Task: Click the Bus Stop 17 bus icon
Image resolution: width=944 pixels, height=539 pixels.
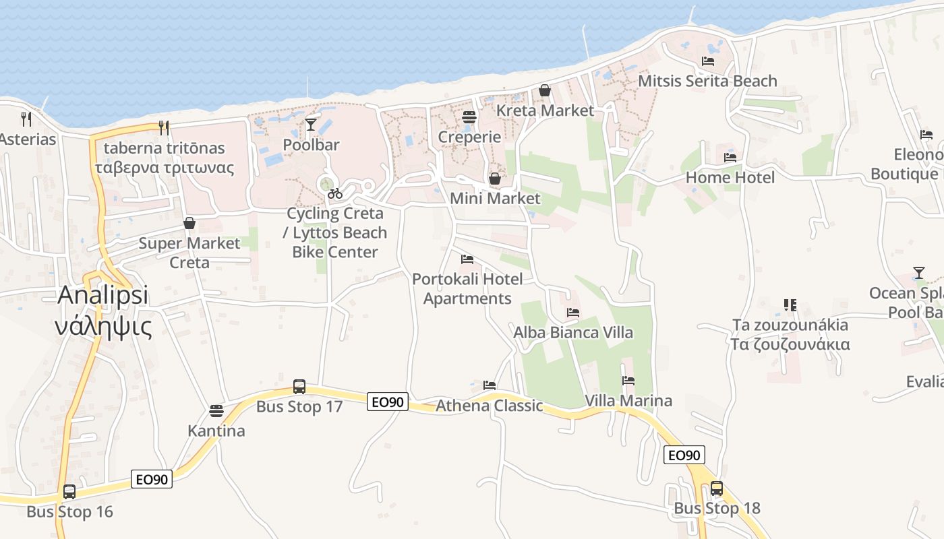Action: click(x=299, y=387)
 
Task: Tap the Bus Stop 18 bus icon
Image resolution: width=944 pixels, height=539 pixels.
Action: click(x=717, y=488)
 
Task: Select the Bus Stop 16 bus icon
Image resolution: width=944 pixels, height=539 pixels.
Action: click(x=69, y=492)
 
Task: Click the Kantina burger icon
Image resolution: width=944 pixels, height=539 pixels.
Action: click(x=216, y=410)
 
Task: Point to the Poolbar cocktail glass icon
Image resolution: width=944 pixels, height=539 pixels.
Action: click(x=311, y=124)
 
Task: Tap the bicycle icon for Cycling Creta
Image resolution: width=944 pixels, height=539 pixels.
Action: click(x=335, y=193)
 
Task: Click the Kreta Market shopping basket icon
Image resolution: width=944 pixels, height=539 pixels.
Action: click(x=545, y=90)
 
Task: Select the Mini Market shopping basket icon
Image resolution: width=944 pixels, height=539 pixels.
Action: click(x=495, y=179)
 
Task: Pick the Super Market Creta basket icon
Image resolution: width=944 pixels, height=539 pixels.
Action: click(x=189, y=223)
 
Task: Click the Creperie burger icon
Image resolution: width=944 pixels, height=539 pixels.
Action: click(x=469, y=117)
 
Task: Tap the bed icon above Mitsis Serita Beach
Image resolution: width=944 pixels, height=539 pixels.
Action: click(x=708, y=61)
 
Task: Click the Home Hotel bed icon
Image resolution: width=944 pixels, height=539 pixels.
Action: click(x=730, y=158)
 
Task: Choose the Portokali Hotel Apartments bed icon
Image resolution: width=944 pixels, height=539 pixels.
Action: click(x=467, y=259)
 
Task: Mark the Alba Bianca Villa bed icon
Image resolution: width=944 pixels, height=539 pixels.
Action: click(x=573, y=313)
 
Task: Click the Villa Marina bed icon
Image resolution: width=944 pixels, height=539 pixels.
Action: click(x=628, y=381)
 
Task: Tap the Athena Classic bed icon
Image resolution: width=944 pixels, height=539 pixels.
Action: click(x=490, y=385)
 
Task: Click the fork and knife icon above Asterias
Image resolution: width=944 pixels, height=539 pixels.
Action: click(x=26, y=119)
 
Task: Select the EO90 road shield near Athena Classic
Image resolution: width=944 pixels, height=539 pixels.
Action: click(x=388, y=402)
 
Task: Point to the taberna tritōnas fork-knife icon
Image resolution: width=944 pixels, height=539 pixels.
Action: click(x=163, y=127)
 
